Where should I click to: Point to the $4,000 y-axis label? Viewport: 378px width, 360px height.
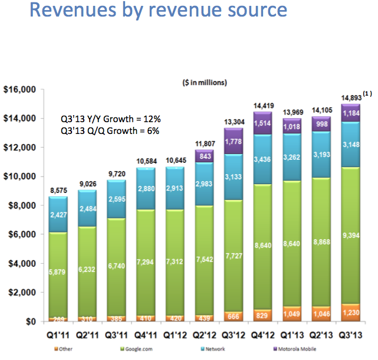(x=23, y=263)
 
